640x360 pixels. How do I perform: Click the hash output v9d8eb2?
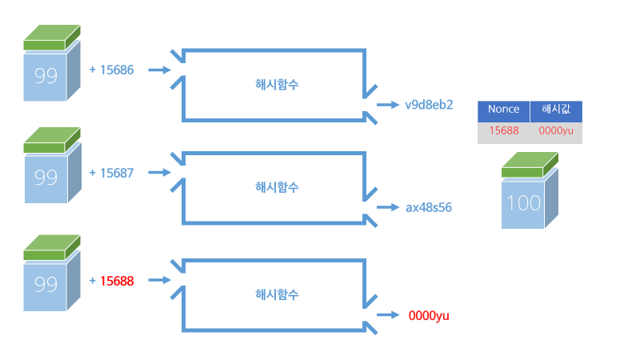pyautogui.click(x=429, y=104)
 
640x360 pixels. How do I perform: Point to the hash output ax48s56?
pyautogui.click(x=429, y=207)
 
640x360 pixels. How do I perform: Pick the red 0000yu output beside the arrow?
pyautogui.click(x=429, y=316)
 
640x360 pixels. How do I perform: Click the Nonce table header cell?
pyautogui.click(x=503, y=110)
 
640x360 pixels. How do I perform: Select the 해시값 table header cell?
pyautogui.click(x=556, y=110)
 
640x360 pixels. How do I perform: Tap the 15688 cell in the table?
pyautogui.click(x=503, y=130)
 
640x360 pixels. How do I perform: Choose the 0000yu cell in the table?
pyautogui.click(x=556, y=130)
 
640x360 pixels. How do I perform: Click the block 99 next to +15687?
pyautogui.click(x=46, y=177)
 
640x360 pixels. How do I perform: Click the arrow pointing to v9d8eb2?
pyautogui.click(x=388, y=104)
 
